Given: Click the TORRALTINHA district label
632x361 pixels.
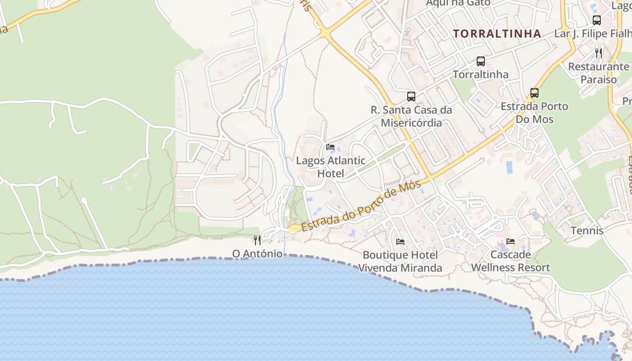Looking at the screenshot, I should point(497,34).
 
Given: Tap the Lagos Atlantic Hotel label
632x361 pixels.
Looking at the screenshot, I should point(330,167).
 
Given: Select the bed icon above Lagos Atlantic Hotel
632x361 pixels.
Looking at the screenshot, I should point(330,147).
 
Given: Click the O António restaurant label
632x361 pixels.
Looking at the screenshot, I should point(257,254).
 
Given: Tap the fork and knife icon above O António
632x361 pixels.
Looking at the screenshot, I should point(257,240).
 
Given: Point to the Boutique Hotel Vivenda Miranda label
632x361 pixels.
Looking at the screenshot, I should point(400,261).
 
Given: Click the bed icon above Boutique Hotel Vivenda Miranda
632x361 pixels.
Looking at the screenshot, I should point(400,242).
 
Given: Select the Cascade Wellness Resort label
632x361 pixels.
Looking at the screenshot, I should point(511,261).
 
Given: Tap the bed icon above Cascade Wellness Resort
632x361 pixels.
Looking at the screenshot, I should point(511,241).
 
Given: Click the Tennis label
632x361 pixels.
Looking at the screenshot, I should point(587,231).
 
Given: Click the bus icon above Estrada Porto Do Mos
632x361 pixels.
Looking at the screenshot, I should point(534,93).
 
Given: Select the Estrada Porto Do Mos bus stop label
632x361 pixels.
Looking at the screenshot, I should point(534,113).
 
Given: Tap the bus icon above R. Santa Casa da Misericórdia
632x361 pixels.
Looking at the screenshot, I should point(411,96).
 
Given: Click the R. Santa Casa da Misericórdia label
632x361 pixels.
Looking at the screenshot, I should point(411,116).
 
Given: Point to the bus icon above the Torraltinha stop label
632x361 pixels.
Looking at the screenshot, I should point(481,61).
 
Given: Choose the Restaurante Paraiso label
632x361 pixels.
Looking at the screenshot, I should point(599,73).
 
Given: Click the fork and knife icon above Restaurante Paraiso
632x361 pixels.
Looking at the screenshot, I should point(599,53).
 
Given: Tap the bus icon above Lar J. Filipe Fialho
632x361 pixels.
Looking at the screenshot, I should point(596,20).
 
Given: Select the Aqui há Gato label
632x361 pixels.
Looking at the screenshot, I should point(458,3).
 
